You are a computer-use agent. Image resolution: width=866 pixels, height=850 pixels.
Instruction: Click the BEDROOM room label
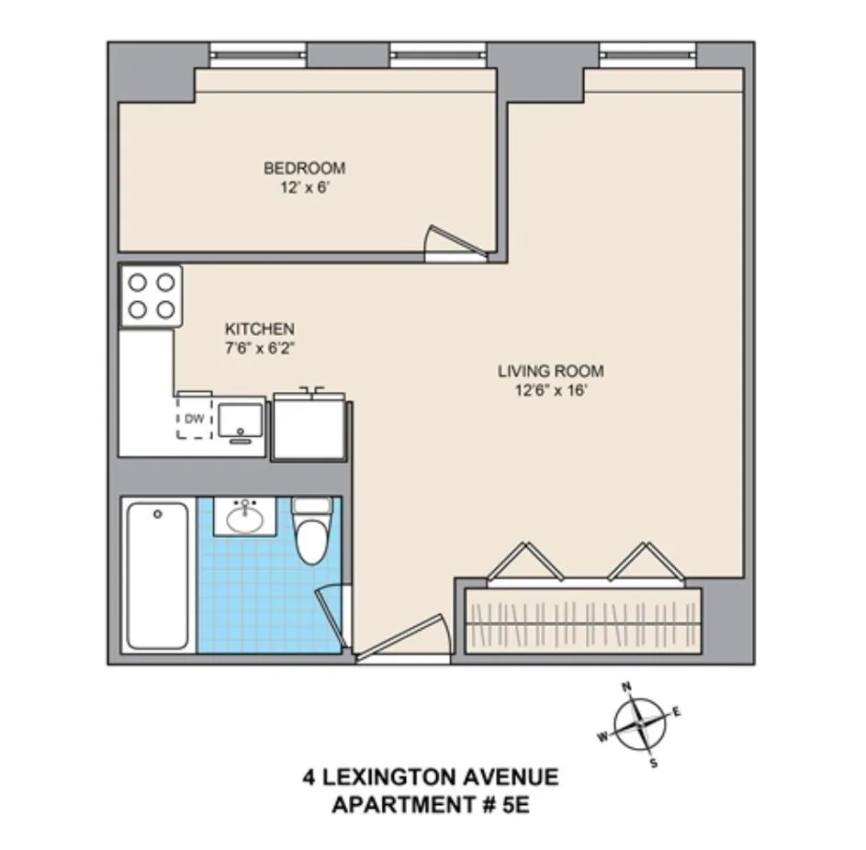304,168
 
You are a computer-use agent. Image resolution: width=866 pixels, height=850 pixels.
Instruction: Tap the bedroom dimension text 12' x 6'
304,186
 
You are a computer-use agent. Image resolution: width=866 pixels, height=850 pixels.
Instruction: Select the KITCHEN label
260,329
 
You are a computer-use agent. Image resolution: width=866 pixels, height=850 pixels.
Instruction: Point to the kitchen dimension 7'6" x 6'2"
260,347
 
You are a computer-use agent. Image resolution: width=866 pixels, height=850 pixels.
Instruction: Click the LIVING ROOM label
551,372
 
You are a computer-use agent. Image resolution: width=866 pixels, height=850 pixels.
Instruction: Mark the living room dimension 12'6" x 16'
551,390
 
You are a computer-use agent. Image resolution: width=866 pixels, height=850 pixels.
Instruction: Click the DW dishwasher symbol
194,419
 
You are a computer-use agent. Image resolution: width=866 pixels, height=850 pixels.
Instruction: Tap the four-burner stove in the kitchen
152,296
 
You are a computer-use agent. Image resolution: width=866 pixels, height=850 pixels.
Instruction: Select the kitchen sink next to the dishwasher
241,419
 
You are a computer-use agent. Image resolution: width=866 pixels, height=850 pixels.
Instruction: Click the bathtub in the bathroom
157,575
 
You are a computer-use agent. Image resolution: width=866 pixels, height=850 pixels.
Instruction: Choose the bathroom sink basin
244,520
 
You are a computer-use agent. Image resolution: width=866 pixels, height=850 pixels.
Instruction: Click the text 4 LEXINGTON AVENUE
431,778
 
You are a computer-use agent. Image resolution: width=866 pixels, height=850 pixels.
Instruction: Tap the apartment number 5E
515,807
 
